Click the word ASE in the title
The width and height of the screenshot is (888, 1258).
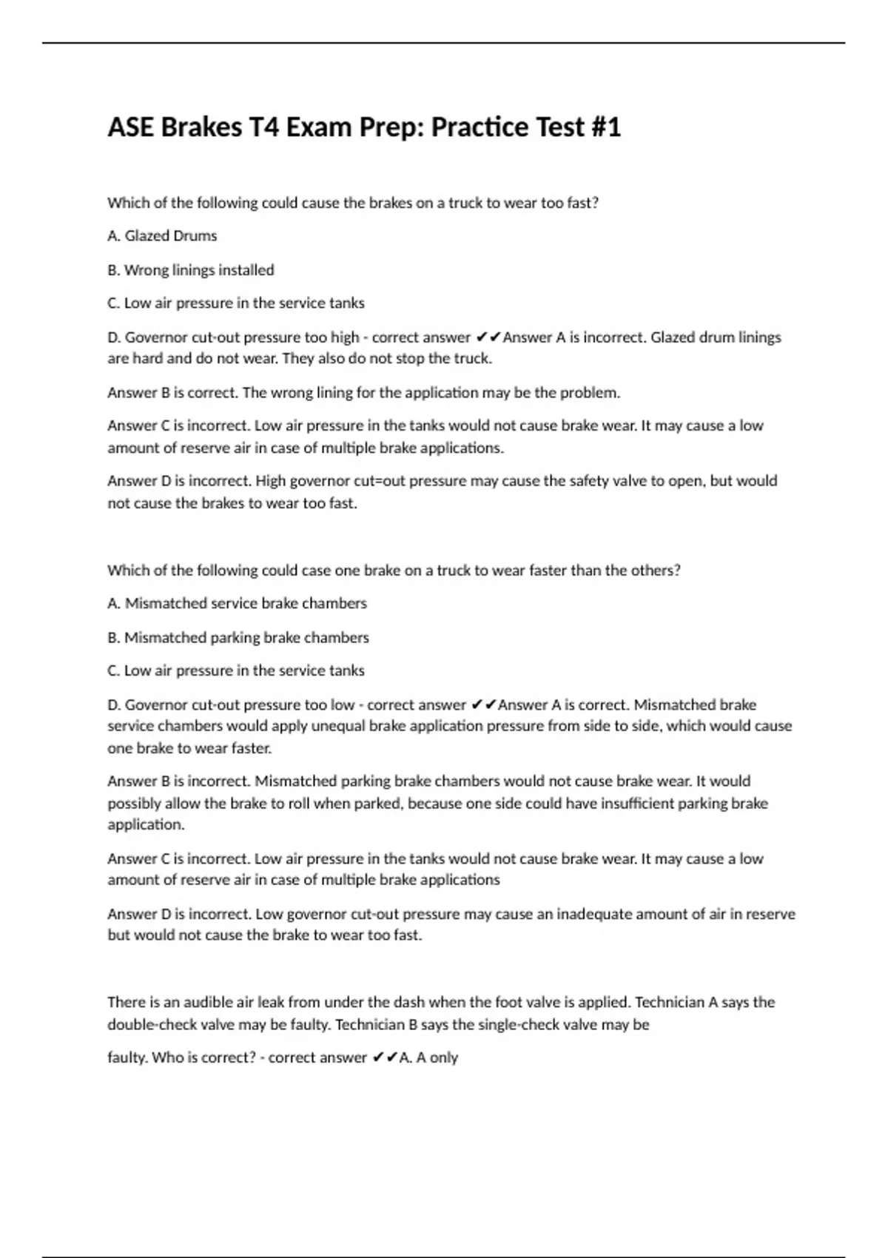click(x=131, y=127)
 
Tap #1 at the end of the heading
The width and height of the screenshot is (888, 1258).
click(x=605, y=127)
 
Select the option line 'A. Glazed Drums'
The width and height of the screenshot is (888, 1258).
click(x=162, y=236)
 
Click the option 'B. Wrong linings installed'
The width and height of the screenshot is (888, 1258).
click(x=190, y=270)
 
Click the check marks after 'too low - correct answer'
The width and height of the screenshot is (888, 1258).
click(x=483, y=705)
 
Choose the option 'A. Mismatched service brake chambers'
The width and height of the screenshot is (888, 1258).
click(x=237, y=604)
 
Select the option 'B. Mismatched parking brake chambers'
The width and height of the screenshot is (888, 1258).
click(x=238, y=638)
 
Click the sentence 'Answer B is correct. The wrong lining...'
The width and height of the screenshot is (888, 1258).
click(x=363, y=393)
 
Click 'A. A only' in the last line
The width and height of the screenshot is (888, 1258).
click(x=428, y=1058)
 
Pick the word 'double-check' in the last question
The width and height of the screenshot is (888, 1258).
click(x=152, y=1025)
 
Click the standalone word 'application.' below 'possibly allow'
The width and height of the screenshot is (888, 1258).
click(x=146, y=825)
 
